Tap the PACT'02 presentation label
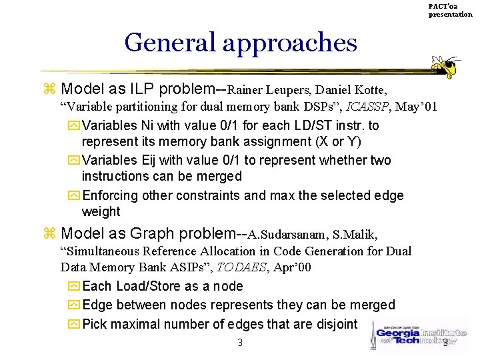click(450, 10)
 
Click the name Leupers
click(288, 89)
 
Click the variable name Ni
click(148, 126)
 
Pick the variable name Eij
click(151, 161)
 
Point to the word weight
click(101, 212)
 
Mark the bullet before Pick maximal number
click(73, 325)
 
